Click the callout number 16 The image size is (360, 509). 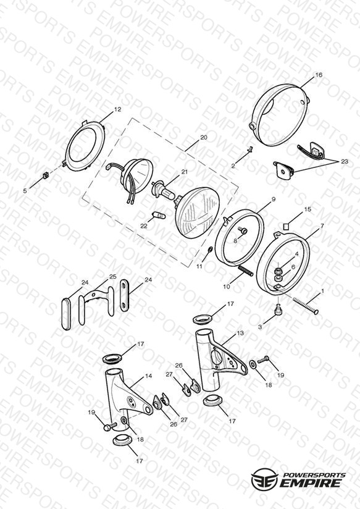[x=319, y=75]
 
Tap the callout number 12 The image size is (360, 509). [x=117, y=109]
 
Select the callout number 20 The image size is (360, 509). [x=204, y=137]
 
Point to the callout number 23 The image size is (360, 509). [x=344, y=161]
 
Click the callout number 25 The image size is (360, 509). [x=112, y=277]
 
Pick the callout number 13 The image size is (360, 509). [x=240, y=333]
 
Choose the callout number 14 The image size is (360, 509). [x=148, y=376]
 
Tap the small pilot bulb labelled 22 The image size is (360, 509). [x=159, y=215]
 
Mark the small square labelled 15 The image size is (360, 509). [x=286, y=226]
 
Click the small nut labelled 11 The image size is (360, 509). [x=210, y=250]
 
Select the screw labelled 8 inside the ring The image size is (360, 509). [x=243, y=231]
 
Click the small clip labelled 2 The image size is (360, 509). [x=250, y=149]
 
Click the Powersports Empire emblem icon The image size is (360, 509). [x=264, y=478]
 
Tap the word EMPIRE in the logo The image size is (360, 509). [x=310, y=482]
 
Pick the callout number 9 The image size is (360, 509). [x=274, y=200]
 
